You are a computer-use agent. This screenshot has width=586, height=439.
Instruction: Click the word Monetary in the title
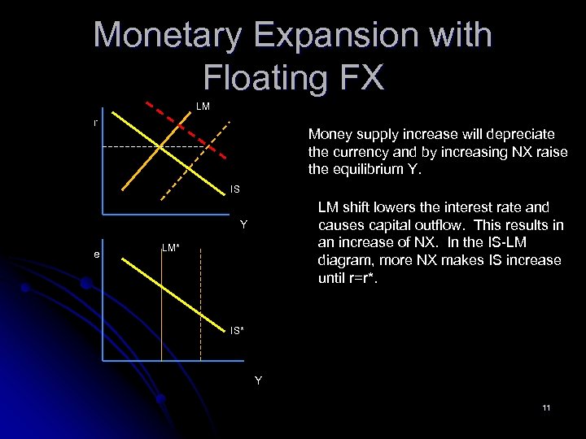(x=168, y=36)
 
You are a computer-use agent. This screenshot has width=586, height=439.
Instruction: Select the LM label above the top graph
(x=203, y=106)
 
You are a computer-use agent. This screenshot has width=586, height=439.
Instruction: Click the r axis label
(x=95, y=123)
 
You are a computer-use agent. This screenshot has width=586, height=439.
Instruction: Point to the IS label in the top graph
(x=234, y=189)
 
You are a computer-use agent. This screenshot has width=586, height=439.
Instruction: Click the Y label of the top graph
(x=243, y=224)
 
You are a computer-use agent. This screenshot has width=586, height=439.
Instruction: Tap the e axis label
(x=96, y=254)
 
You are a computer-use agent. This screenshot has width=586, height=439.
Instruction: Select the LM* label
(x=170, y=246)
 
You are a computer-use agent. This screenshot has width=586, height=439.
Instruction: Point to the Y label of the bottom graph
(x=258, y=379)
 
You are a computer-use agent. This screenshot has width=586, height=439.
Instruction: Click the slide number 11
(x=546, y=407)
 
